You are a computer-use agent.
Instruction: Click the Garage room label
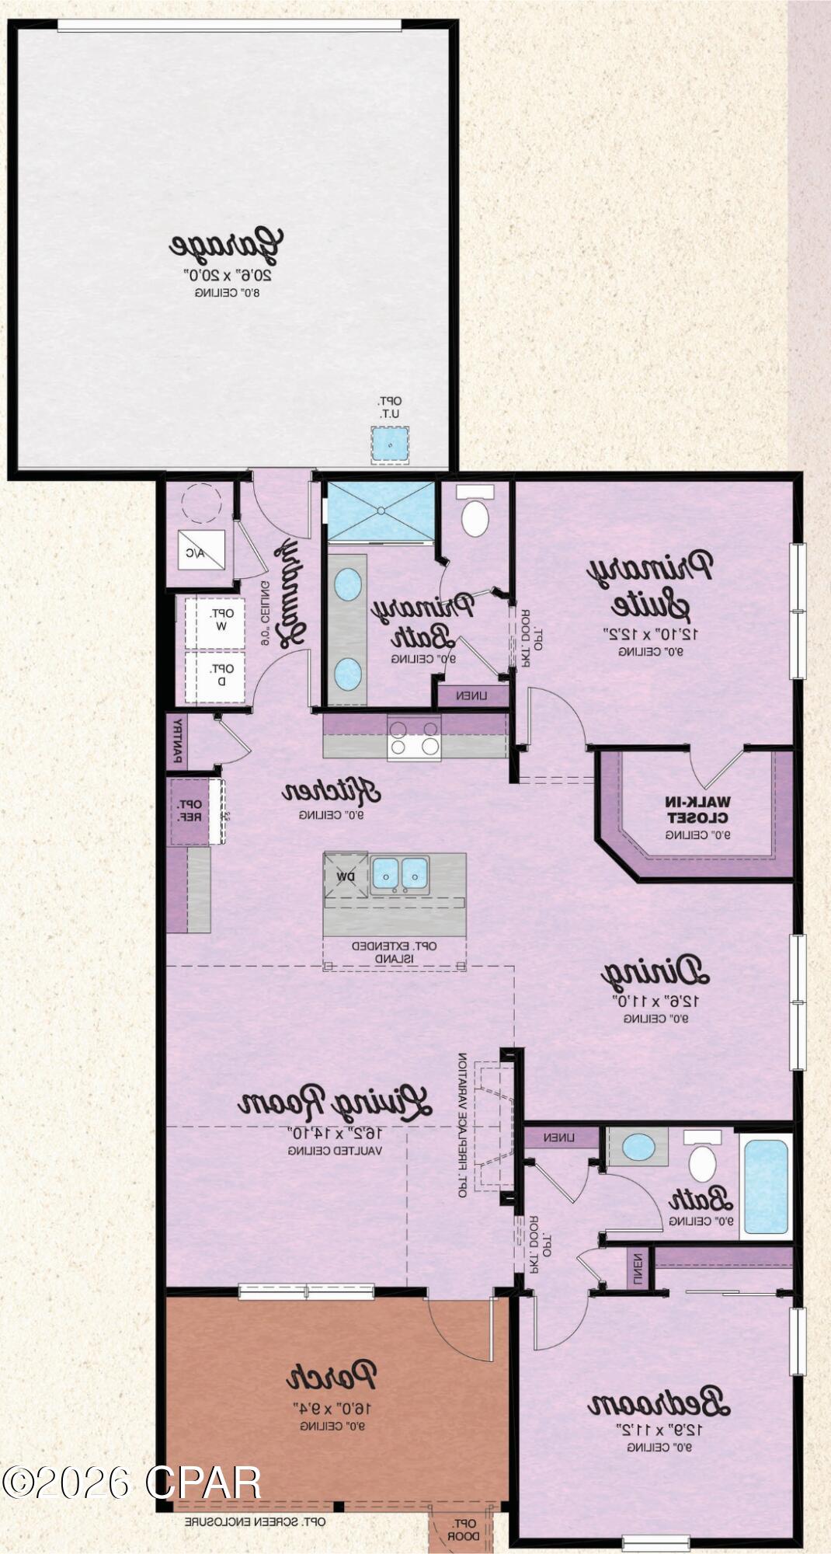(226, 245)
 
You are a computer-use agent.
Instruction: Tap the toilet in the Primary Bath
(475, 512)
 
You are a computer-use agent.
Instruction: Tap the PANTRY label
(177, 740)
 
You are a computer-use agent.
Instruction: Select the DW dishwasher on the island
(346, 876)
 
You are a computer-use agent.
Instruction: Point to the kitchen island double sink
(399, 873)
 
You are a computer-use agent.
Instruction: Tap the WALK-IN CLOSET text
(698, 810)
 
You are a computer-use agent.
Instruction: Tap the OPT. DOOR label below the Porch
(464, 1530)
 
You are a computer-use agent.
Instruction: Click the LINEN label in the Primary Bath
(472, 695)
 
